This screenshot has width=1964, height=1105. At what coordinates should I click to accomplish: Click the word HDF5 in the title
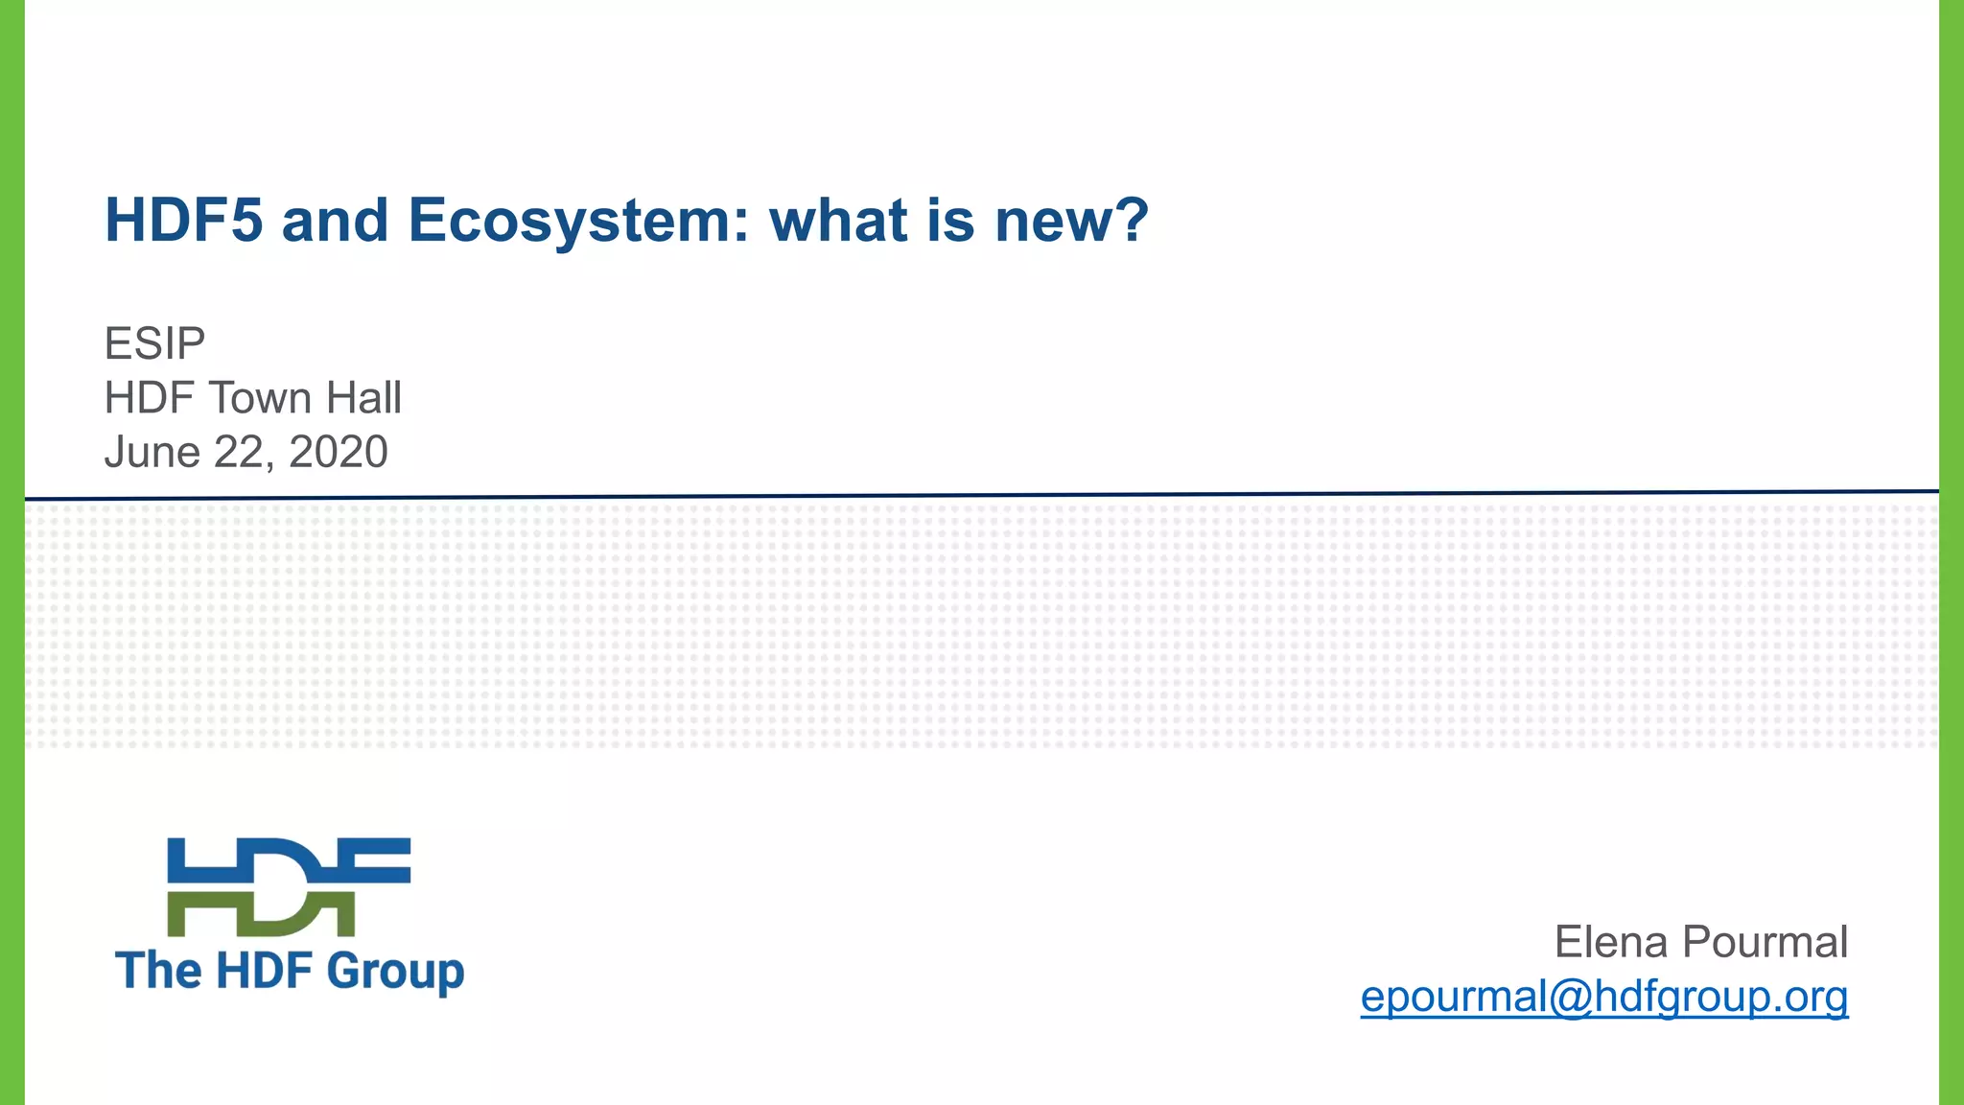(183, 221)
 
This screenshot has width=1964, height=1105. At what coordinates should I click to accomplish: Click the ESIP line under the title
(154, 343)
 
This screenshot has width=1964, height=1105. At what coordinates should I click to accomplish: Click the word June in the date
(152, 452)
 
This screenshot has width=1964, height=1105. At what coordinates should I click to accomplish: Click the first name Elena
(1610, 942)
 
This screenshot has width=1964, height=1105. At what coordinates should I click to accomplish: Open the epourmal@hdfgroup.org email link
(1603, 997)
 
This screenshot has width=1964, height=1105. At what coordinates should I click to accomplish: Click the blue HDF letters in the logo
(289, 859)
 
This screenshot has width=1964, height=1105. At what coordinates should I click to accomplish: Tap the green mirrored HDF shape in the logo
(260, 914)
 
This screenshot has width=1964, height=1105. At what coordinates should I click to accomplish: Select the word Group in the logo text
(395, 972)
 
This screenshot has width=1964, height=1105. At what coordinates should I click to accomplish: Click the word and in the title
(335, 221)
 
